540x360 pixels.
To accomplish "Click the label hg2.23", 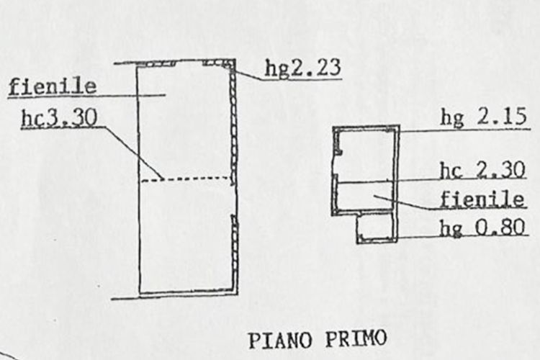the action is click(x=302, y=68).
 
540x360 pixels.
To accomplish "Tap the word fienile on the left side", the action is click(x=52, y=87).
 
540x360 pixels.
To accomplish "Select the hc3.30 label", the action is click(x=59, y=118).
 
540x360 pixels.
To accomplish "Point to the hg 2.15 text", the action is click(x=484, y=117).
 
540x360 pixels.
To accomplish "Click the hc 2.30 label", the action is click(x=483, y=170).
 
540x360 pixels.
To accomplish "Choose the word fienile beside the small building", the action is click(x=482, y=199).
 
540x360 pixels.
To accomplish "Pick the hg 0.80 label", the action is click(x=483, y=227).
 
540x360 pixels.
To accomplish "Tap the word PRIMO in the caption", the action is click(x=356, y=338).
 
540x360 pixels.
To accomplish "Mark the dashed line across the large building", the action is click(x=186, y=179).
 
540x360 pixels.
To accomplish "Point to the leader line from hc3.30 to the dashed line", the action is click(x=132, y=153).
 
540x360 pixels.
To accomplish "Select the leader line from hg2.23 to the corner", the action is click(x=246, y=72).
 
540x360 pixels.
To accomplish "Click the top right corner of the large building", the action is click(x=235, y=60).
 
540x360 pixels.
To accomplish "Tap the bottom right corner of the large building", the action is click(x=237, y=294).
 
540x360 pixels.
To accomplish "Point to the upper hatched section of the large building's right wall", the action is click(x=233, y=124).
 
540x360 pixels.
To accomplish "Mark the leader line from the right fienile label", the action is click(x=406, y=202).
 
